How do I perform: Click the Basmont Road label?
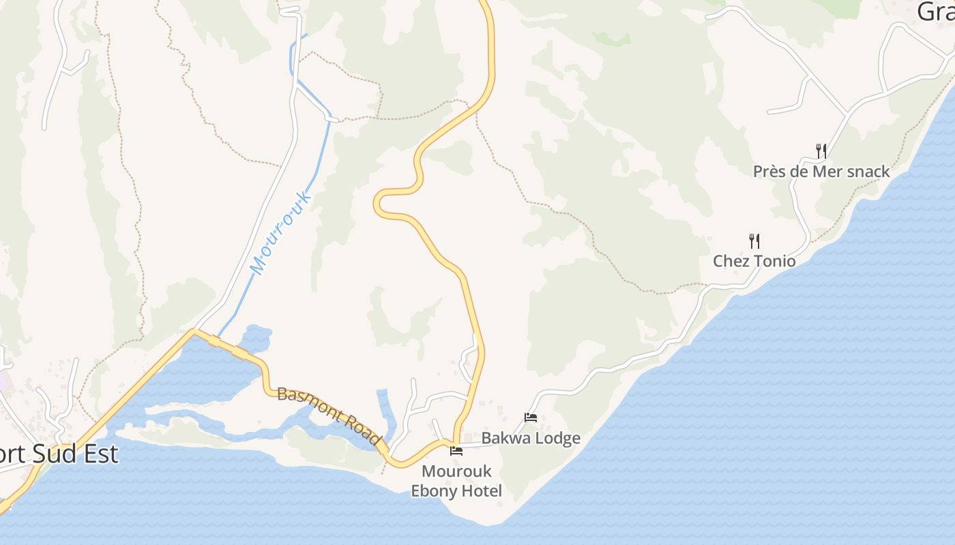pyautogui.click(x=329, y=416)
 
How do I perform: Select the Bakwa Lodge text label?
pyautogui.click(x=531, y=438)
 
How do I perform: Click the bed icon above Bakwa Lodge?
pyautogui.click(x=531, y=417)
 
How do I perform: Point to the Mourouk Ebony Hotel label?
pyautogui.click(x=456, y=481)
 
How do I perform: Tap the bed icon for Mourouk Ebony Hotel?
pyautogui.click(x=456, y=451)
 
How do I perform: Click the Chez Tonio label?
pyautogui.click(x=754, y=261)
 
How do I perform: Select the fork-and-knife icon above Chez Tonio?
pyautogui.click(x=754, y=240)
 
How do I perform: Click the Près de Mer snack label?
pyautogui.click(x=821, y=171)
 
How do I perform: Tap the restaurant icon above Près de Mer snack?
pyautogui.click(x=821, y=151)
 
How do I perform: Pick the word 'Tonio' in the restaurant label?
pyautogui.click(x=774, y=261)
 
